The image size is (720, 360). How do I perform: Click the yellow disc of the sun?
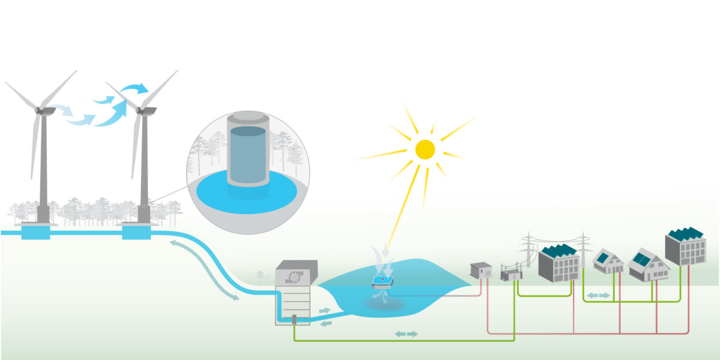coord(425,149)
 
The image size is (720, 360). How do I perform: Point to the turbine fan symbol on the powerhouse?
coord(295,277)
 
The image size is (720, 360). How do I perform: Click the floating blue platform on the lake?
coord(382,280)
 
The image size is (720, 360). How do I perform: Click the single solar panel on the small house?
coord(603,257)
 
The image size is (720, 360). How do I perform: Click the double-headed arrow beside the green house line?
coord(598,295)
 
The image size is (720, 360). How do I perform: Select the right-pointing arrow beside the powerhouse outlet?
coord(325,311)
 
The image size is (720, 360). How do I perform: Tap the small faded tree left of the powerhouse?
coord(260,277)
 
